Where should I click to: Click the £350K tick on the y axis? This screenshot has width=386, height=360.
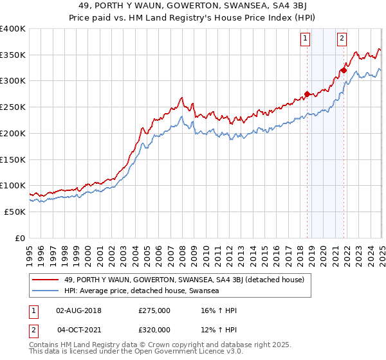pos(13,55)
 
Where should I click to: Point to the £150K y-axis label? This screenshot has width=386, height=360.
pos(13,159)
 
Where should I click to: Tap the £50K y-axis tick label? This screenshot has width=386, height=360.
pos(15,212)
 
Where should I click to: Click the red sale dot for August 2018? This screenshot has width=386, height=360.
pos(307,94)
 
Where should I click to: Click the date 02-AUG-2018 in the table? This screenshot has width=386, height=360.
pos(79,310)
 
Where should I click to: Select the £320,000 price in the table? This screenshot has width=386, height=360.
pos(155,330)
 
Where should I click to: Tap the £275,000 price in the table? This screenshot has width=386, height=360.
pos(155,310)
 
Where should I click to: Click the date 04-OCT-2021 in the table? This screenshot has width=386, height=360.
pos(79,330)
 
